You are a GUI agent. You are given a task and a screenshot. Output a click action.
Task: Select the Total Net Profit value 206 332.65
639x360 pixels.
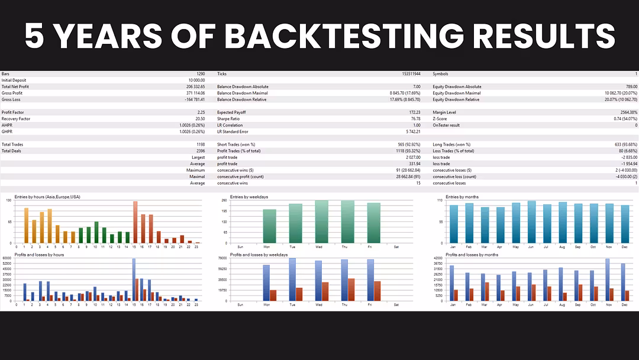pos(193,86)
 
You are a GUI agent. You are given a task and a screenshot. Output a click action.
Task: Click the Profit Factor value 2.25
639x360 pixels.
pos(201,112)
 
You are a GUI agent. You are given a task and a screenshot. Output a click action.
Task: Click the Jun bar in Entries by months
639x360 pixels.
pos(531,221)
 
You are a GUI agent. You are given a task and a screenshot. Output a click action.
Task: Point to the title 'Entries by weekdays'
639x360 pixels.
pos(248,197)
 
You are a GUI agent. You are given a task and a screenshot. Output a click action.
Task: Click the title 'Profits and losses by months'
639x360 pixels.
pos(472,255)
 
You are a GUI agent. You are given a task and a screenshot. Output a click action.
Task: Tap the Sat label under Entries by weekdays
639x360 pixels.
pos(396,247)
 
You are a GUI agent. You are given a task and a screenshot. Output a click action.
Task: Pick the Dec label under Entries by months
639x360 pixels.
pos(624,247)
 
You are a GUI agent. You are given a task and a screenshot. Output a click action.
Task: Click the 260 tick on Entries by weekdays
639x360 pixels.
pos(224,200)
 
